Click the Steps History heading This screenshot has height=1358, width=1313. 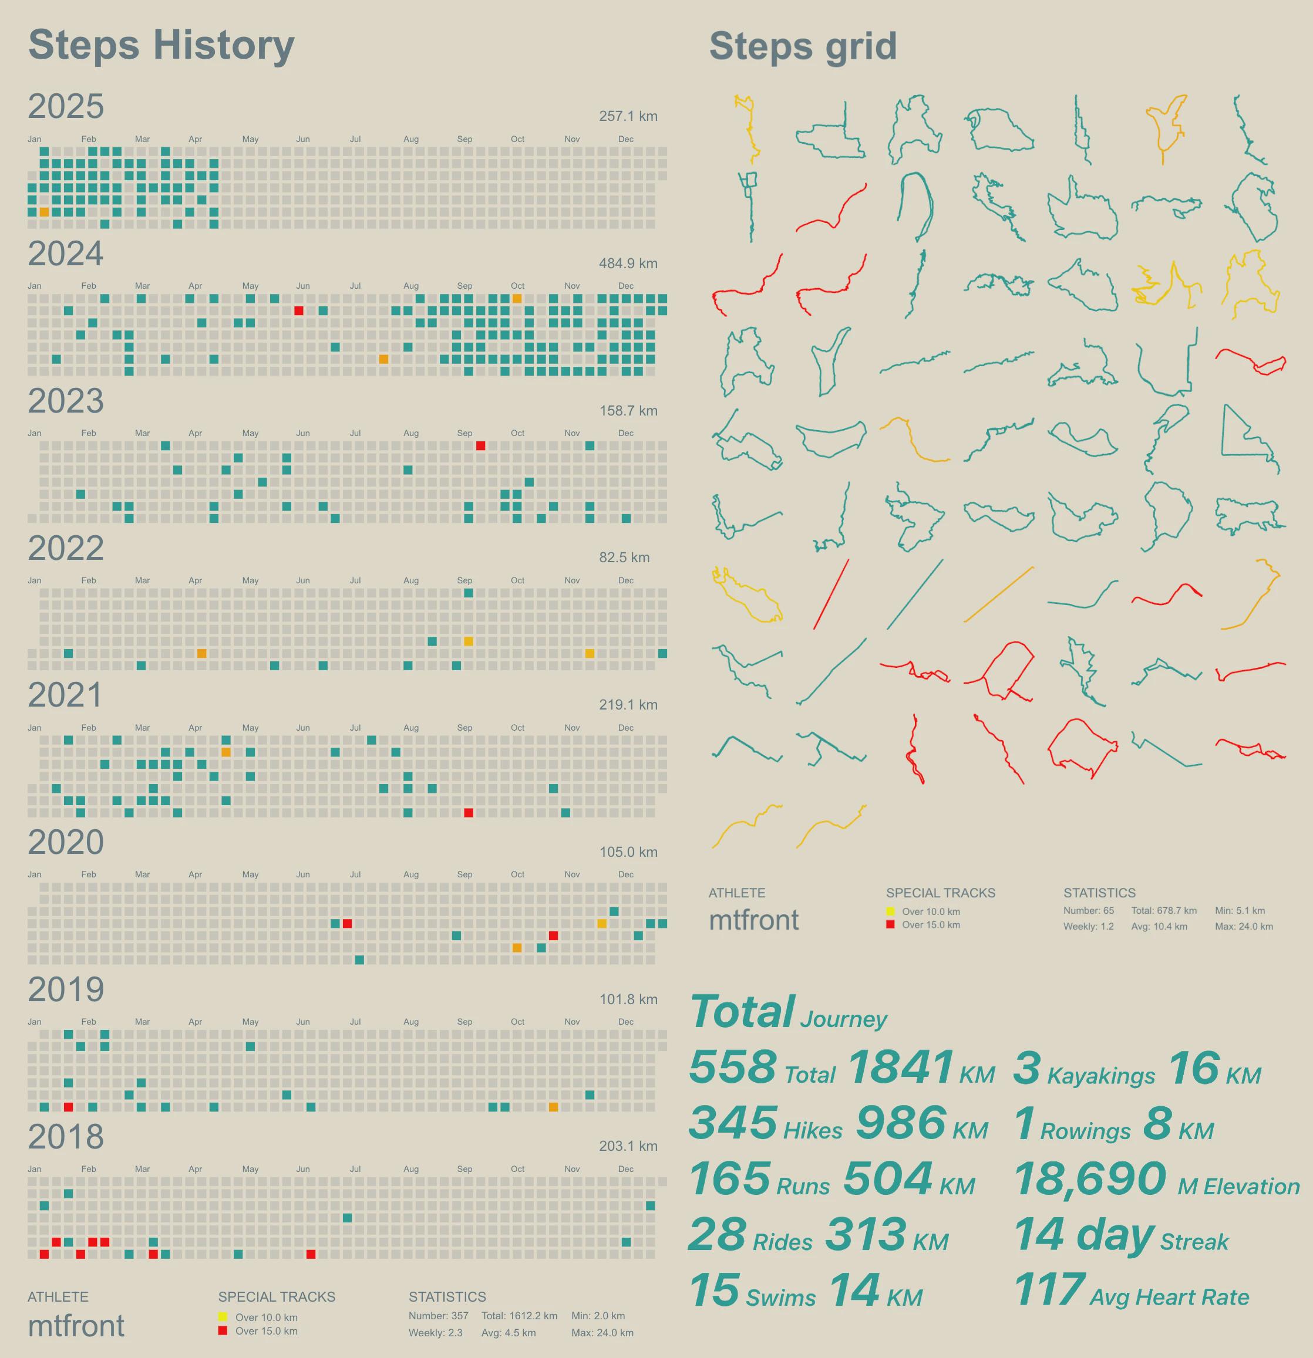pyautogui.click(x=161, y=46)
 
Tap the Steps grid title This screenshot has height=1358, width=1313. pyautogui.click(x=802, y=47)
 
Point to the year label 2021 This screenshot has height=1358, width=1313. pyautogui.click(x=65, y=695)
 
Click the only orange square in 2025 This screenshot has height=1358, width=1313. pyautogui.click(x=45, y=212)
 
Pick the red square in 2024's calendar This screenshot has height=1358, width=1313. pyautogui.click(x=299, y=310)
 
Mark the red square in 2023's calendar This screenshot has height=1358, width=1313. pyautogui.click(x=480, y=445)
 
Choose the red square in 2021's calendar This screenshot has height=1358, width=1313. pyautogui.click(x=469, y=813)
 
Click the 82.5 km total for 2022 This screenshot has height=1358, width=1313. pyautogui.click(x=624, y=558)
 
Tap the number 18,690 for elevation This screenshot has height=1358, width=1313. pyautogui.click(x=1090, y=1178)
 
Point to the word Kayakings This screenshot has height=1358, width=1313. pyautogui.click(x=1100, y=1076)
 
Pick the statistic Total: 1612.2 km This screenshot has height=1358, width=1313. pyautogui.click(x=519, y=1316)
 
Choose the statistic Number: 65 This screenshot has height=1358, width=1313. pyautogui.click(x=1088, y=910)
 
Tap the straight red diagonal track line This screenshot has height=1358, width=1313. pyautogui.click(x=830, y=594)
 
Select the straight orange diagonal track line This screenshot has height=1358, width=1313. pyautogui.click(x=998, y=594)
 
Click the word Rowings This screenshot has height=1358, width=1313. pyautogui.click(x=1085, y=1131)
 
